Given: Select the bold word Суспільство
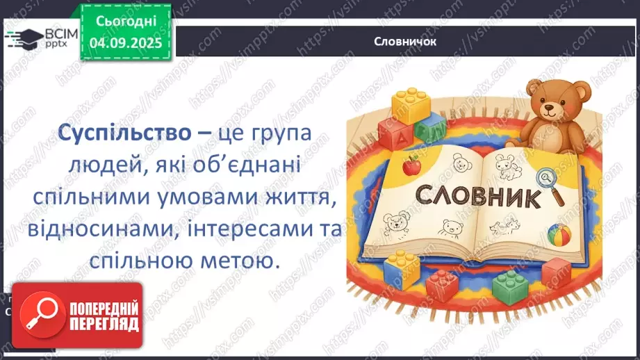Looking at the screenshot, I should point(120,132).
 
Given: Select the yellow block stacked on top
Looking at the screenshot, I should point(411,105).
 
